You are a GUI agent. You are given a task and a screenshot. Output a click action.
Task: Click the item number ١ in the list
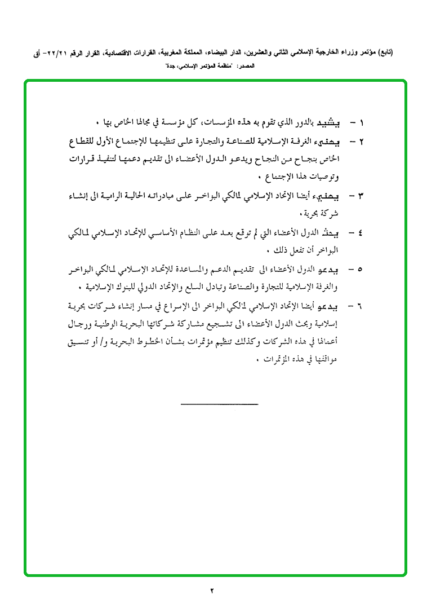point(362,122)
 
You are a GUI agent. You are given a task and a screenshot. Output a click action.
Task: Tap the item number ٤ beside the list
point(362,232)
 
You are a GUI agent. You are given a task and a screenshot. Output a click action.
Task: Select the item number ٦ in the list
point(362,307)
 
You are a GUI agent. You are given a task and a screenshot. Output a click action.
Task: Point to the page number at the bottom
point(212,591)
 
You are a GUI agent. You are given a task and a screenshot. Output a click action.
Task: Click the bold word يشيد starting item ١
point(331,122)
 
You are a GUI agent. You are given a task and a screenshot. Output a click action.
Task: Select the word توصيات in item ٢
point(327,177)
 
